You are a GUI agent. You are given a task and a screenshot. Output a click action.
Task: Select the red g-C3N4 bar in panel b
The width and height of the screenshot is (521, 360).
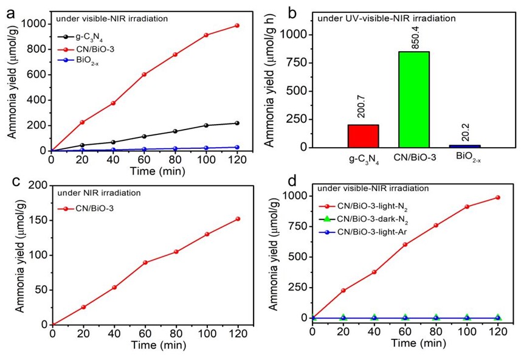point(363,136)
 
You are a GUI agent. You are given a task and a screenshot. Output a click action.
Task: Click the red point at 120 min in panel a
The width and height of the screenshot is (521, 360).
point(237,26)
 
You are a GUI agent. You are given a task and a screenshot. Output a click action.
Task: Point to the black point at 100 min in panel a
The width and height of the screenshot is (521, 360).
point(206,125)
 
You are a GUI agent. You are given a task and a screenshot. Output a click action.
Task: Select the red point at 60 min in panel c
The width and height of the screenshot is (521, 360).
point(145,263)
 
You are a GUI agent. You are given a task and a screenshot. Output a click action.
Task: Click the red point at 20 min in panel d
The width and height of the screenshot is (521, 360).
point(343,291)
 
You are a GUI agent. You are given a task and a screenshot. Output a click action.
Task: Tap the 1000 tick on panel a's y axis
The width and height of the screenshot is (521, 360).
point(35,24)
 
